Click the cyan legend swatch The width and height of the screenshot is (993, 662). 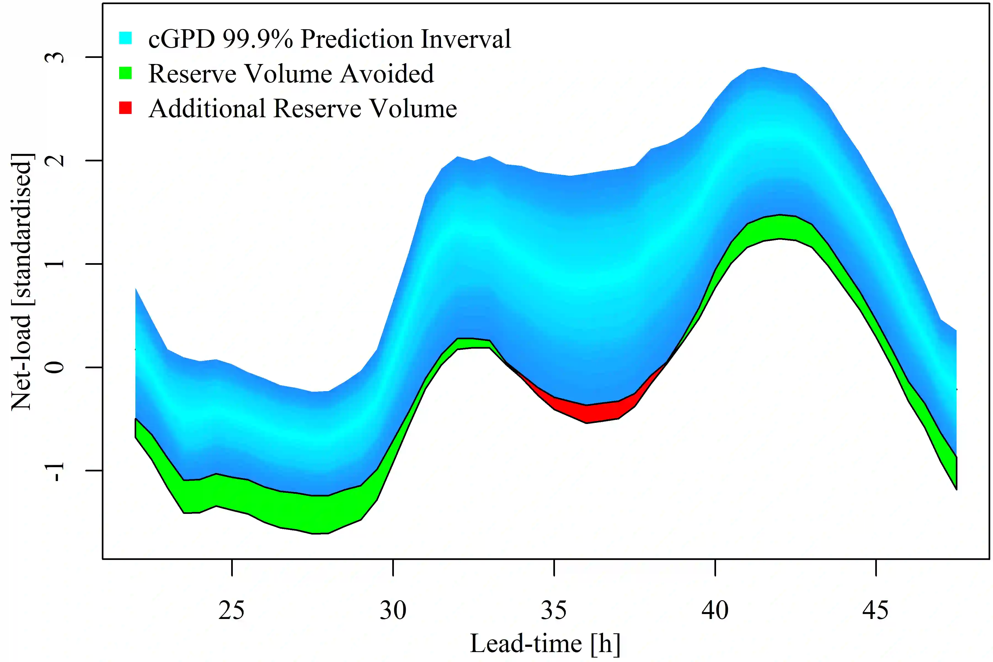(126, 38)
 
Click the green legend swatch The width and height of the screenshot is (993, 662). (126, 73)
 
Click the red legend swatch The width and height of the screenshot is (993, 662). (126, 108)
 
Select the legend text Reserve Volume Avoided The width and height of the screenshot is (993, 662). (291, 73)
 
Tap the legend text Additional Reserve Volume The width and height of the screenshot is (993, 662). (303, 108)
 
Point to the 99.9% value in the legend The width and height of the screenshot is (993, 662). (258, 39)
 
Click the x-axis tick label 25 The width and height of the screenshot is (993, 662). (231, 610)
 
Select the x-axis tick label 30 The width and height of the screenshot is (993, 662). (393, 610)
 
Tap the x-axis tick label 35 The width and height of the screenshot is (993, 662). (554, 610)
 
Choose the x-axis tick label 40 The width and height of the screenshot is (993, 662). (715, 610)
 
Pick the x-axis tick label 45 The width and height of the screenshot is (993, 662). (875, 610)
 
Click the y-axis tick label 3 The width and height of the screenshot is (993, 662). (55, 57)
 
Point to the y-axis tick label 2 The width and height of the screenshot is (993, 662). (55, 161)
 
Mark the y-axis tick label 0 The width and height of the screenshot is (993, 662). (55, 367)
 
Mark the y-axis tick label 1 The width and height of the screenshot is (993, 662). (55, 264)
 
